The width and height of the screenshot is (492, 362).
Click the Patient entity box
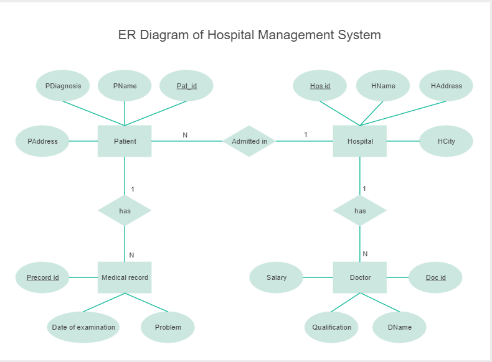pyautogui.click(x=125, y=141)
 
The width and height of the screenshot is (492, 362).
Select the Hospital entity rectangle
pyautogui.click(x=360, y=141)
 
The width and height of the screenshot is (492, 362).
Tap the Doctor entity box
pyautogui.click(x=360, y=277)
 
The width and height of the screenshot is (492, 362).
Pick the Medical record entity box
pyautogui.click(x=125, y=277)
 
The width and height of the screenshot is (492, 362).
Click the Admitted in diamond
pyautogui.click(x=249, y=141)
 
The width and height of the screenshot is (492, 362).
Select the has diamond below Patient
pyautogui.click(x=125, y=211)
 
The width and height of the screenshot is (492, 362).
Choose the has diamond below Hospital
pyautogui.click(x=360, y=211)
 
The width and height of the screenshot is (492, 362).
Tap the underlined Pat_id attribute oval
pyautogui.click(x=186, y=86)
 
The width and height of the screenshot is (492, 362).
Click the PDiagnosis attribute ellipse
pyautogui.click(x=63, y=86)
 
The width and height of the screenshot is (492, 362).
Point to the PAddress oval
pyautogui.click(x=42, y=141)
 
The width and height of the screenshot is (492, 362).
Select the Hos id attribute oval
pyautogui.click(x=320, y=86)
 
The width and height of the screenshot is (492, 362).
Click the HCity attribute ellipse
pyautogui.click(x=446, y=141)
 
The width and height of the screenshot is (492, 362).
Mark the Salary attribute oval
pyautogui.click(x=276, y=277)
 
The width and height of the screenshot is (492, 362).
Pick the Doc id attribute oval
pyautogui.click(x=435, y=277)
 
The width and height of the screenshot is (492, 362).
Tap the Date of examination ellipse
pyautogui.click(x=83, y=327)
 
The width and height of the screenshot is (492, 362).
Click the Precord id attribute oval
pyautogui.click(x=42, y=277)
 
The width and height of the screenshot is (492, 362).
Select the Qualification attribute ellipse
pyautogui.click(x=331, y=327)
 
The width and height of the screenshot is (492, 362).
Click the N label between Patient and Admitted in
pyautogui.click(x=185, y=135)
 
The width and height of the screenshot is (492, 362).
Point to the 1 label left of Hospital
pyautogui.click(x=306, y=134)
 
